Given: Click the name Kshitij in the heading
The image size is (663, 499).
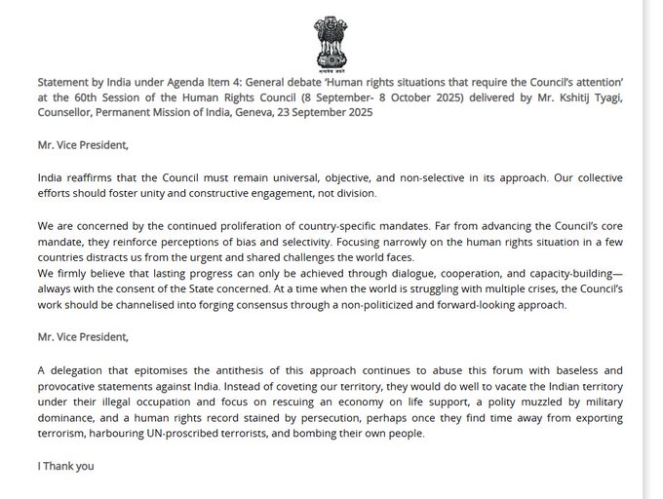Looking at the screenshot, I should pos(569,98).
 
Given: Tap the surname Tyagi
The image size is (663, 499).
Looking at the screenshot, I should pos(606,98).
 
